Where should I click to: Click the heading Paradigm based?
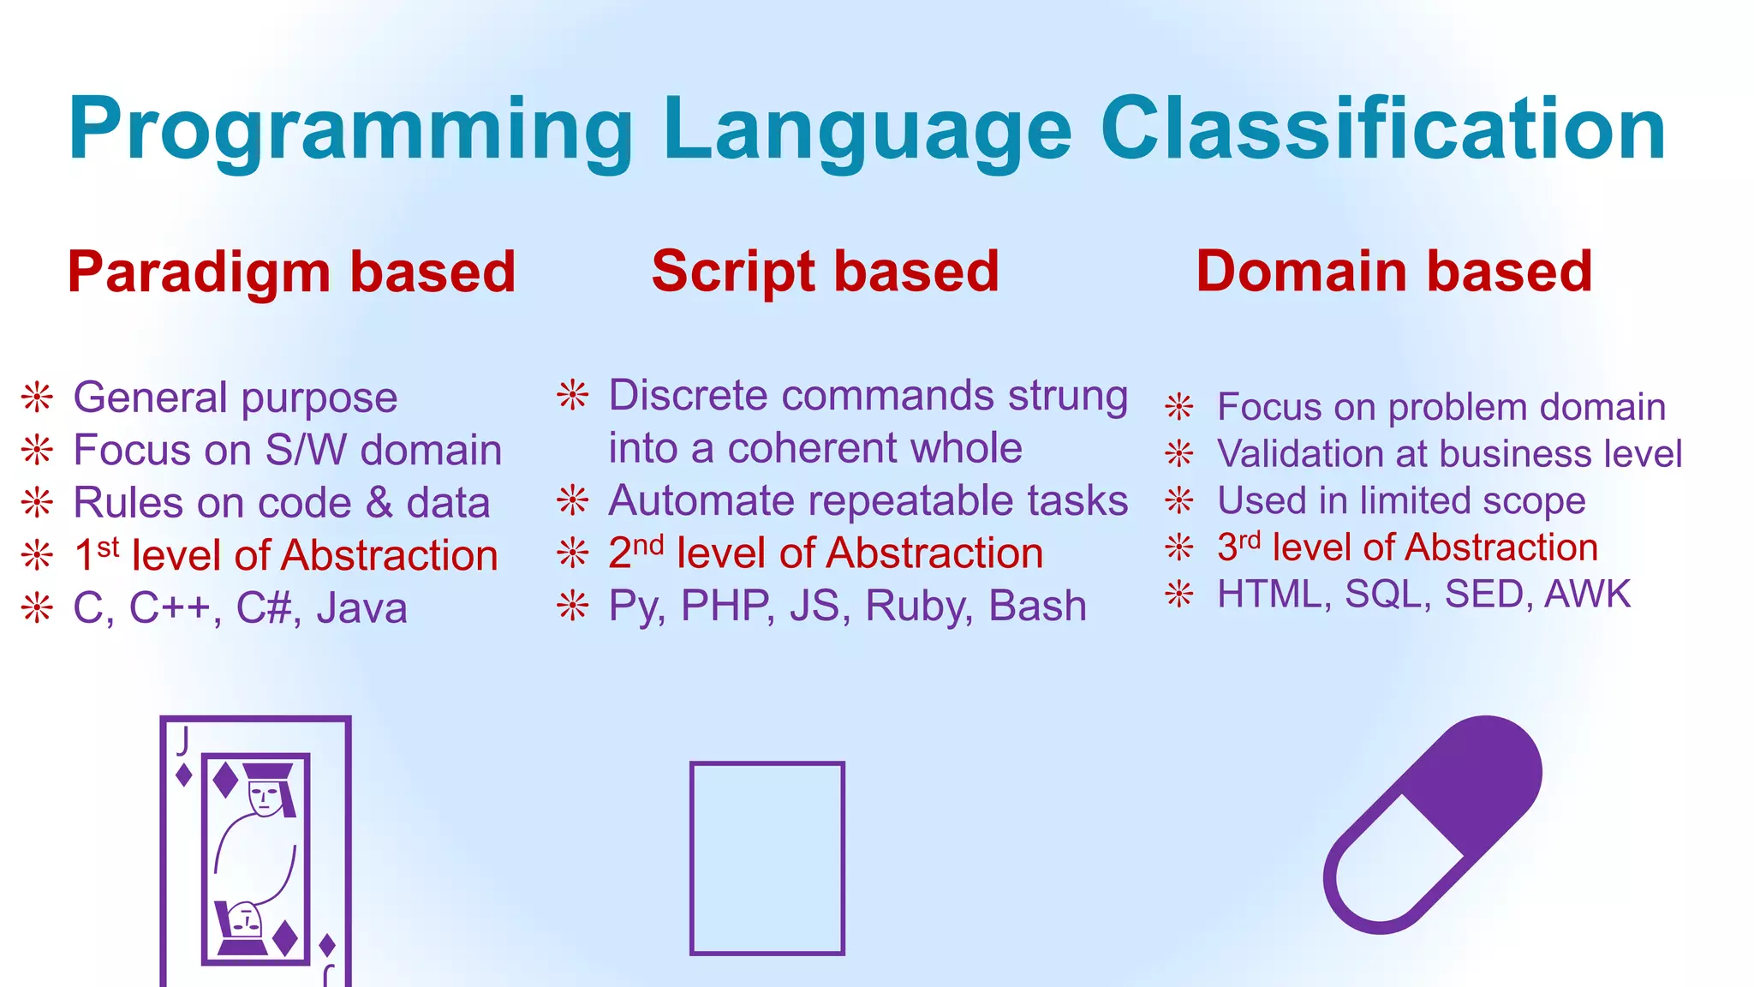291,272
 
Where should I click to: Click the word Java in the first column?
361,608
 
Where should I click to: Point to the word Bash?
1037,606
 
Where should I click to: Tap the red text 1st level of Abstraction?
286,555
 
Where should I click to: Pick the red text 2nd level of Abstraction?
826,553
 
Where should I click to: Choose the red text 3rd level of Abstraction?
1407,547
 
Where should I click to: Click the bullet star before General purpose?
38,397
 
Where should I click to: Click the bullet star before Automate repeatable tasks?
573,500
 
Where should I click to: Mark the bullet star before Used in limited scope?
1179,500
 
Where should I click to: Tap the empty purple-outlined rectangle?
767,858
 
